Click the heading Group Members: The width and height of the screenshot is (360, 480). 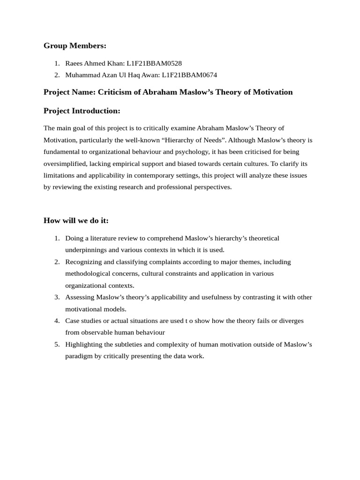[x=75, y=45]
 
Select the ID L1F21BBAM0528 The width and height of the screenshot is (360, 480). [x=154, y=63]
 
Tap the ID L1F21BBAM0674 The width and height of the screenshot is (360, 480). [x=189, y=75]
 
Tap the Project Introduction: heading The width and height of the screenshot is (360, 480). [x=82, y=111]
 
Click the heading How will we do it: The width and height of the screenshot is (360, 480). [x=76, y=220]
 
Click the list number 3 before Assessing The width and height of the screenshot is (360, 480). [x=57, y=297]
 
